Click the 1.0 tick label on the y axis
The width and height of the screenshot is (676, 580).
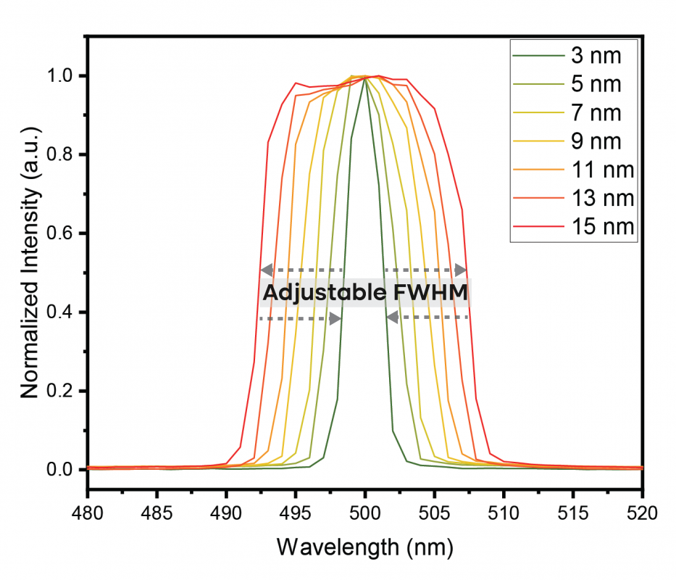pyautogui.click(x=59, y=76)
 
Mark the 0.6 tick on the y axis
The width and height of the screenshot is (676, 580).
pyautogui.click(x=59, y=233)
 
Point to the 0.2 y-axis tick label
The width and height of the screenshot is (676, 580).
pyautogui.click(x=59, y=391)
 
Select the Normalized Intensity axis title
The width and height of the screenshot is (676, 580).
pyautogui.click(x=29, y=273)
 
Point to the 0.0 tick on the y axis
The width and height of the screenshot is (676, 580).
pyautogui.click(x=59, y=470)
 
